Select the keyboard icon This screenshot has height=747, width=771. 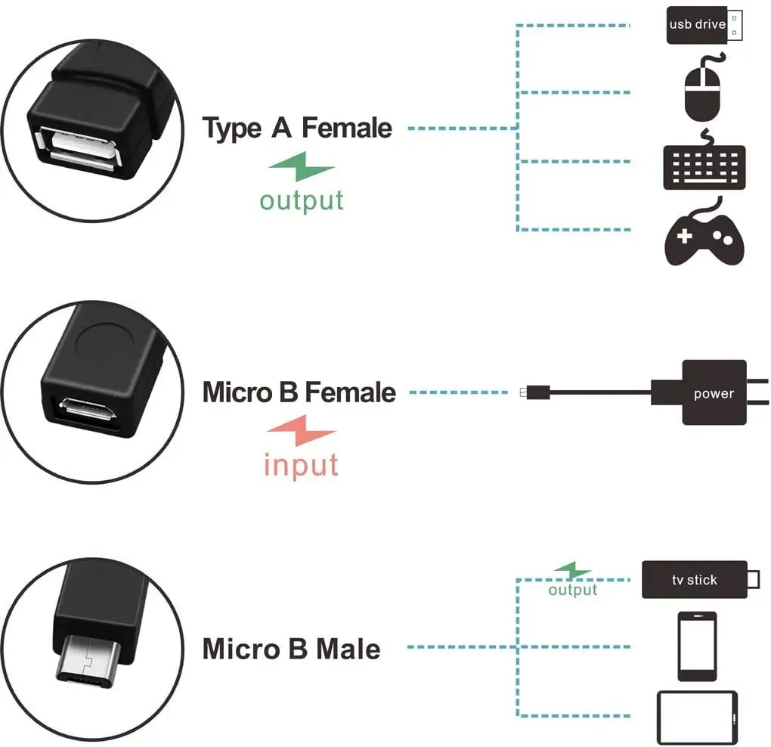pyautogui.click(x=704, y=166)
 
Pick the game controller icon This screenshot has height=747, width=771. pyautogui.click(x=704, y=239)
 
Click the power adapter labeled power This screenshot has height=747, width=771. pyautogui.click(x=714, y=392)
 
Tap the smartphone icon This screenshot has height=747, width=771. pyautogui.click(x=697, y=646)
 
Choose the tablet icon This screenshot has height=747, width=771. pyautogui.click(x=697, y=718)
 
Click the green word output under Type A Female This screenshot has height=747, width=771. pyautogui.click(x=302, y=200)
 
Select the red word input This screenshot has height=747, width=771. pyautogui.click(x=302, y=464)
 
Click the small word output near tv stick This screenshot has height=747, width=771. pyautogui.click(x=573, y=590)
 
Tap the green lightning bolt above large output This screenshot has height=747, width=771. pyautogui.click(x=302, y=166)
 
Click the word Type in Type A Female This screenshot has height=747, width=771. pyautogui.click(x=232, y=129)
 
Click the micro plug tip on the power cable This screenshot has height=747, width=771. pyautogui.click(x=525, y=392)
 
